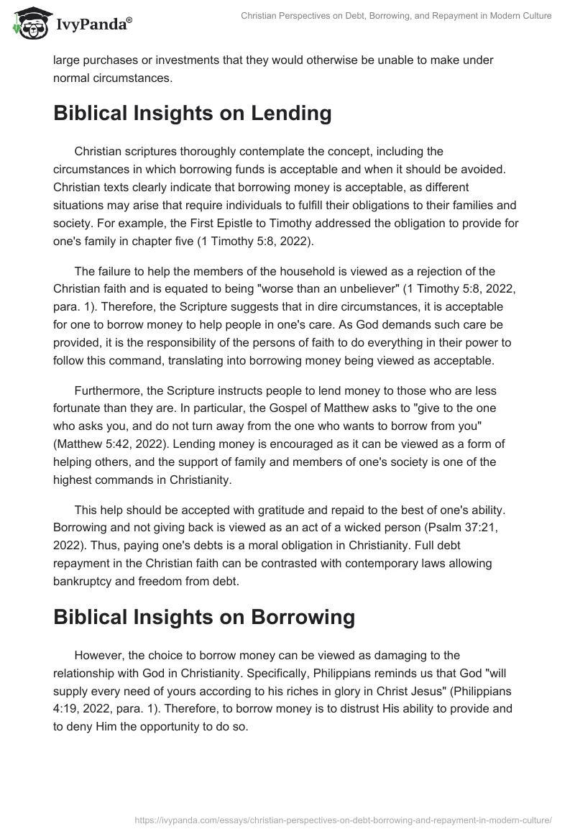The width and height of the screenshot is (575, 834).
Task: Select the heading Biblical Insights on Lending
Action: [x=192, y=113]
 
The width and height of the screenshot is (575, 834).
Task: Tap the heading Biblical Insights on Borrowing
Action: [x=204, y=617]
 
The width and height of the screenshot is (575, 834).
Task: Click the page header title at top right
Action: [x=395, y=15]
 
